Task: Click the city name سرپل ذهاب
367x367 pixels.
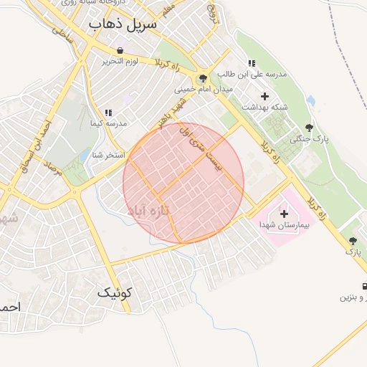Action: click(123, 24)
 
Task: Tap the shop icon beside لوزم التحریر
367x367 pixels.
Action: click(119, 50)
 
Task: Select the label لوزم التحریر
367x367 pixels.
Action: click(119, 61)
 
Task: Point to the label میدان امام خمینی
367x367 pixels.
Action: click(203, 90)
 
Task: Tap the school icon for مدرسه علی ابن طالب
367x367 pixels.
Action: click(252, 63)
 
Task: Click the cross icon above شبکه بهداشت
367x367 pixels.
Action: click(264, 96)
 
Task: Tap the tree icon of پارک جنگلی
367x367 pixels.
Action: click(309, 128)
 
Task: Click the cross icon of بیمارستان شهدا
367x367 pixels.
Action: click(284, 214)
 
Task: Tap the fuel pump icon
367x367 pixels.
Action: click(365, 286)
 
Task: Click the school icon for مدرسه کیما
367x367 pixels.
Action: click(108, 113)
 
